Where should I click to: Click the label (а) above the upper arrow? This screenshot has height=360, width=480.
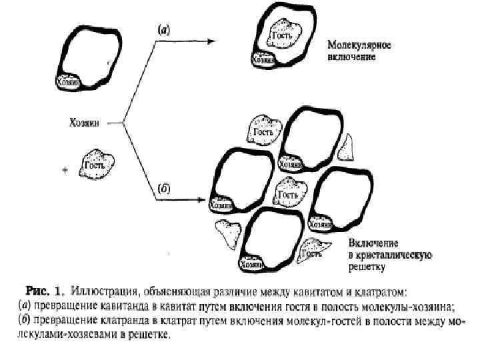tap(163, 29)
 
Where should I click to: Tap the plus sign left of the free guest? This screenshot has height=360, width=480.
tap(65, 171)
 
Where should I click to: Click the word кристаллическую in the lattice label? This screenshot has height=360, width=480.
tap(395, 255)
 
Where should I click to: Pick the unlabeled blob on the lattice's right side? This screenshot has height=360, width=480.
tap(347, 149)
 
